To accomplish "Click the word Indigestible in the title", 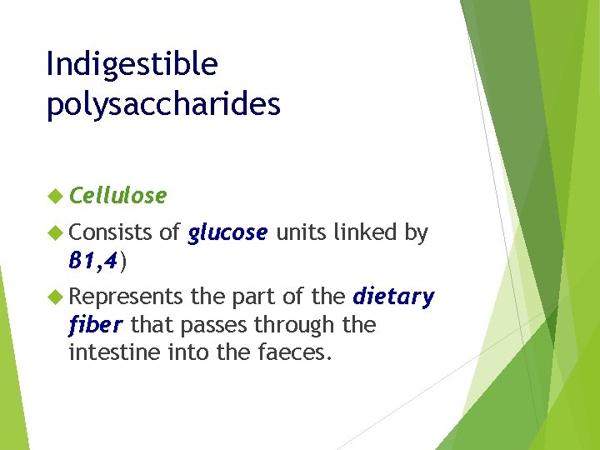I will click(132, 65).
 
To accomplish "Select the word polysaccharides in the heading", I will click(163, 106).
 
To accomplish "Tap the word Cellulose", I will click(118, 196).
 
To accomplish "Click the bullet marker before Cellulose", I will click(56, 196).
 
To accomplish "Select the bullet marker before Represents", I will click(56, 297).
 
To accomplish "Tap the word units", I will click(302, 234).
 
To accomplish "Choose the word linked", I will click(367, 234).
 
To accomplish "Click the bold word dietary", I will click(394, 297).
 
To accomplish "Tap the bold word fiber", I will click(96, 324).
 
